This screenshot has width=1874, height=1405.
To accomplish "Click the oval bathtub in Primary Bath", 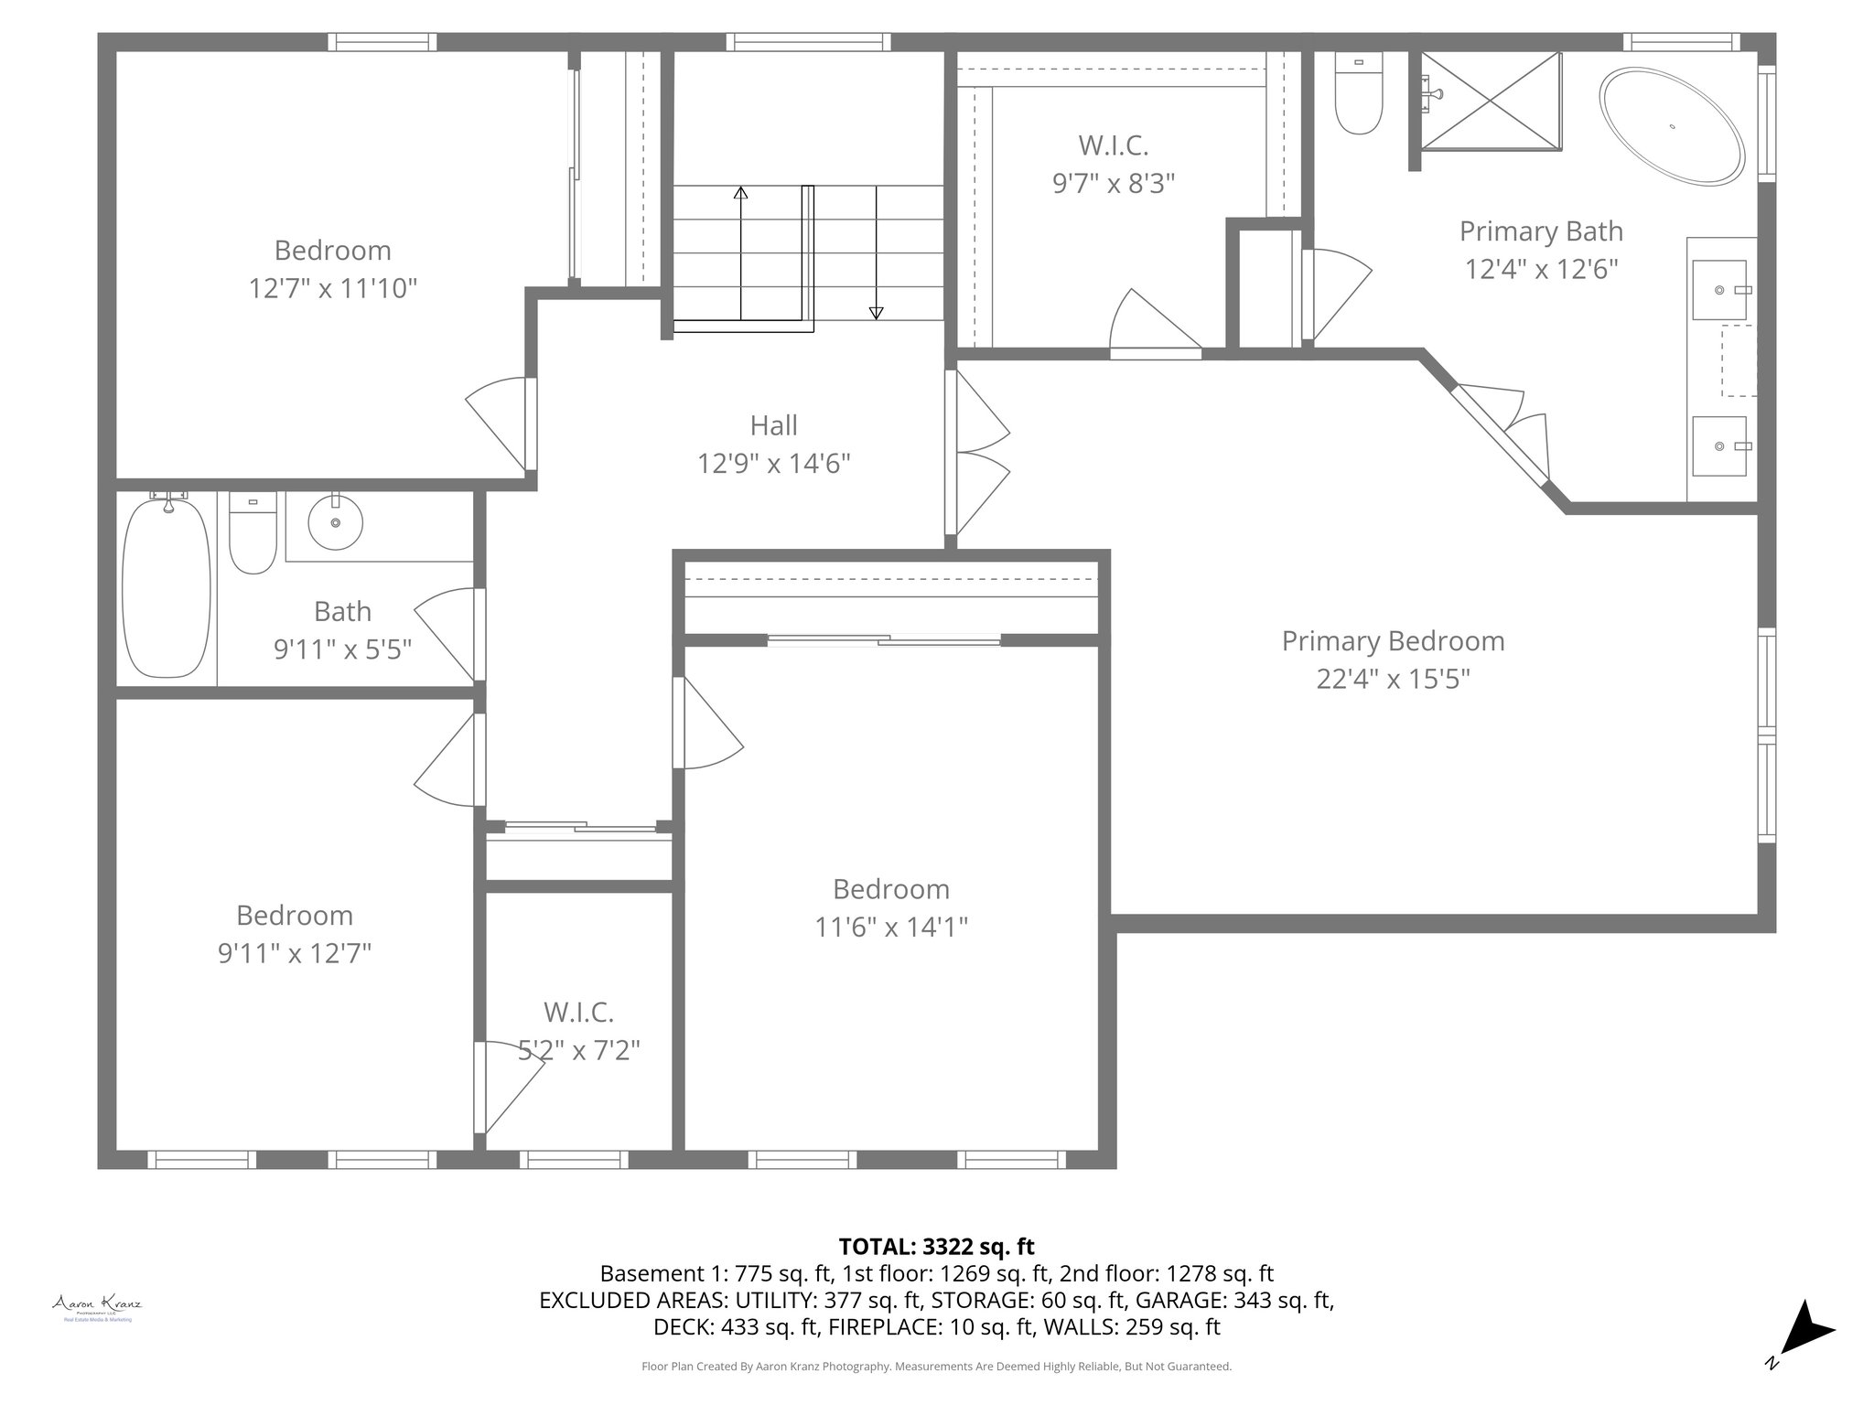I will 1671,127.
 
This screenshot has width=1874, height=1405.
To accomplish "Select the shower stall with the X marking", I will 1491,100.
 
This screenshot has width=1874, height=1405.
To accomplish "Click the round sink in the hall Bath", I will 335,523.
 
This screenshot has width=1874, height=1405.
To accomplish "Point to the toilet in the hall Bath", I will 253,534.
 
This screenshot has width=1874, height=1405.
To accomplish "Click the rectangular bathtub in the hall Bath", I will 167,586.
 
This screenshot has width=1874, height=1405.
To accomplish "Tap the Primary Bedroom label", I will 1392,641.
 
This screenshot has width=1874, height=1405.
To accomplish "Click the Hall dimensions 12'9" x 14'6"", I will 773,465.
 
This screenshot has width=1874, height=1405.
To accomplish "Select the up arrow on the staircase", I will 740,194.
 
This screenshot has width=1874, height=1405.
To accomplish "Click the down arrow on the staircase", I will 876,312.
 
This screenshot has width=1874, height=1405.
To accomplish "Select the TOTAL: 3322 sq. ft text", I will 936,1246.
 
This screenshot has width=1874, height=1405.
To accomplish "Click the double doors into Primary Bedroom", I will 979,453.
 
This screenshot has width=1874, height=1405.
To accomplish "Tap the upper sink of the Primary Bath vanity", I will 1719,290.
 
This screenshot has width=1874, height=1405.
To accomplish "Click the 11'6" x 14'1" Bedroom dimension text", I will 891,928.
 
